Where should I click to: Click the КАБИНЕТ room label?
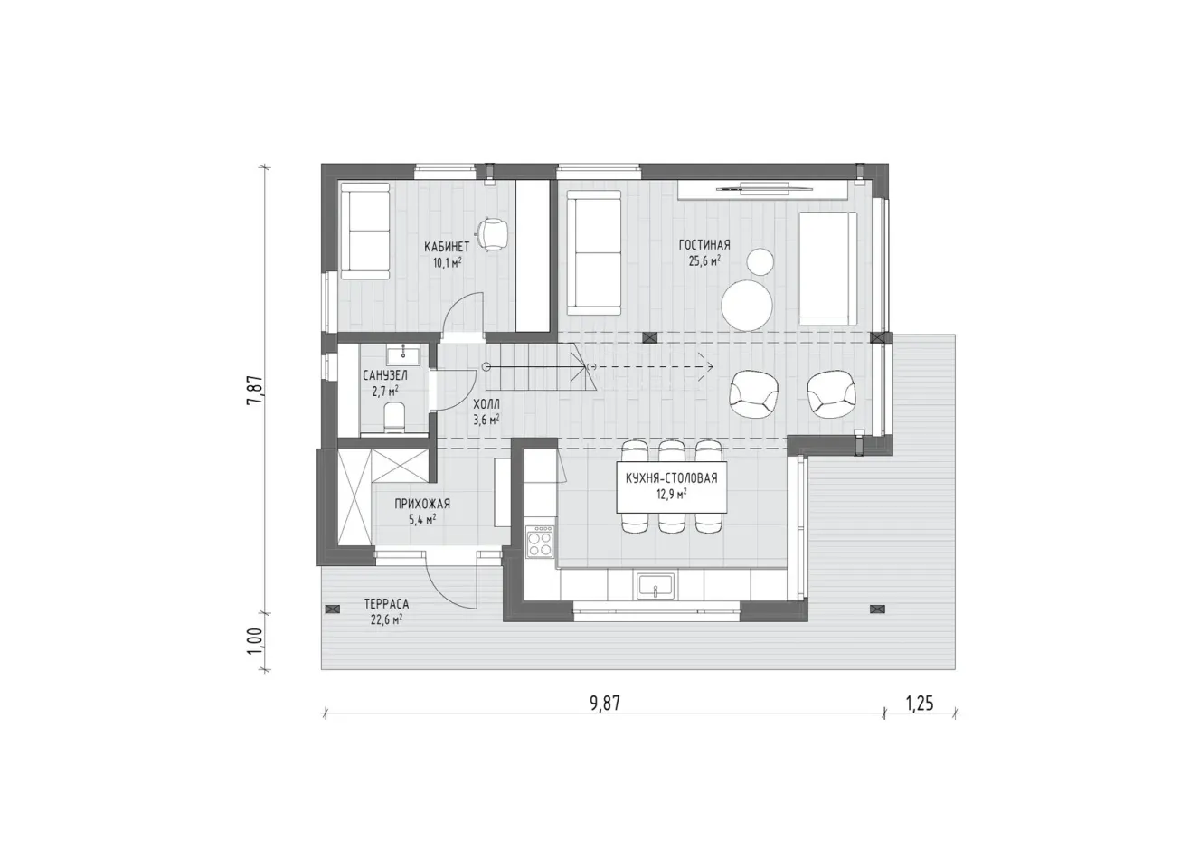pos(447,247)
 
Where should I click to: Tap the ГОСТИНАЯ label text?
pos(704,244)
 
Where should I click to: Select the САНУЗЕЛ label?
pos(385,375)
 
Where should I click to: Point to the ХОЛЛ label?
pos(486,405)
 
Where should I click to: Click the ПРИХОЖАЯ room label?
pos(422,504)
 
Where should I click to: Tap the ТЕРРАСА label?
pos(386,604)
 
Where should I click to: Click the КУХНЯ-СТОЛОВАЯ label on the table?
pos(672,478)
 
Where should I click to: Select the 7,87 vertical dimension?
pos(256,391)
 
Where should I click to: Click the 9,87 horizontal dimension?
pos(605,704)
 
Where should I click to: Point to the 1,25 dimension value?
pos(919,704)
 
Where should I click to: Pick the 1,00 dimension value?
pos(255,641)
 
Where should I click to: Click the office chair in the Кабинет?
pos(493,234)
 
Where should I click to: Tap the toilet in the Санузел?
pos(393,418)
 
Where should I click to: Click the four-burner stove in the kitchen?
pos(540,542)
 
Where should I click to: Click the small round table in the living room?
pos(760,261)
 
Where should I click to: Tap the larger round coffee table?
pos(746,306)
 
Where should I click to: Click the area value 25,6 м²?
pos(704,260)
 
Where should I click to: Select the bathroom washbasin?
pos(403,354)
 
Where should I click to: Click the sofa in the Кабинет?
pos(365,232)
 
